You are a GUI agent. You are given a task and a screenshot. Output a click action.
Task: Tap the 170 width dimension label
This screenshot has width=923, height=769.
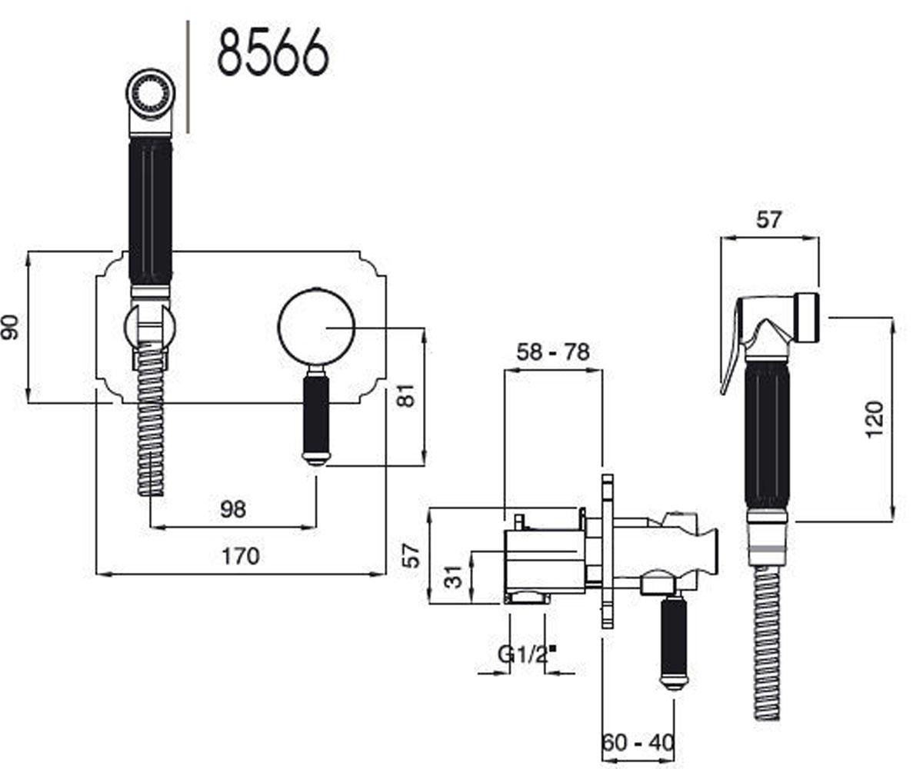[241, 557]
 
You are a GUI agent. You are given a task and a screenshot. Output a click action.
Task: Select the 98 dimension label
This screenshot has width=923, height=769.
[233, 510]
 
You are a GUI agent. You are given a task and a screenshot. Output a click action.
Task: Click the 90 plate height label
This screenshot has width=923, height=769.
[10, 327]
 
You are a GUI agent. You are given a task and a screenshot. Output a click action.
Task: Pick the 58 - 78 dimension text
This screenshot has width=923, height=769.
[553, 352]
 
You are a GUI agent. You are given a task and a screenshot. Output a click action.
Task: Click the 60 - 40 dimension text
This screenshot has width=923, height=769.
[638, 743]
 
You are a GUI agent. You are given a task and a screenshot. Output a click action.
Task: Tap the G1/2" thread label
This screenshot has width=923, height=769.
[527, 654]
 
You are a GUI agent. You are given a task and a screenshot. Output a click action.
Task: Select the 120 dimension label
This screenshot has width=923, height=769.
[874, 419]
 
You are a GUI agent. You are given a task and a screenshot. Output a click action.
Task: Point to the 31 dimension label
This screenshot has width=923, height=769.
[453, 577]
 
